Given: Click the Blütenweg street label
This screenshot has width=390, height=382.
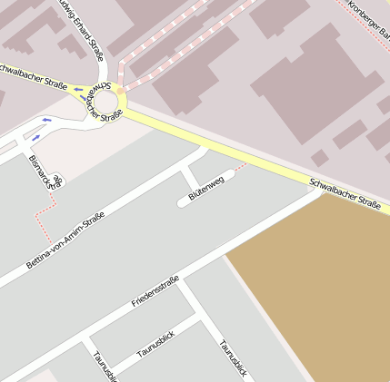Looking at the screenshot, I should [205, 186].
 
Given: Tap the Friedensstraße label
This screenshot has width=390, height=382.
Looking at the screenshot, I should [155, 289].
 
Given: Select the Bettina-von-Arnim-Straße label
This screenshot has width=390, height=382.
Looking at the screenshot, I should [65, 240].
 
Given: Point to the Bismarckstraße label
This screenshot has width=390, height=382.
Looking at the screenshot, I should [45, 170].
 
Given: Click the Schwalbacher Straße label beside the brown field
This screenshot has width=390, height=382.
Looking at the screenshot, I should [345, 193].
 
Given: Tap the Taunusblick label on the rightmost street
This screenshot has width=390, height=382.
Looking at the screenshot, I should [232, 358].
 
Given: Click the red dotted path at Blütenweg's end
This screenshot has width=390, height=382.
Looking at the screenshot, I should [240, 168].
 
